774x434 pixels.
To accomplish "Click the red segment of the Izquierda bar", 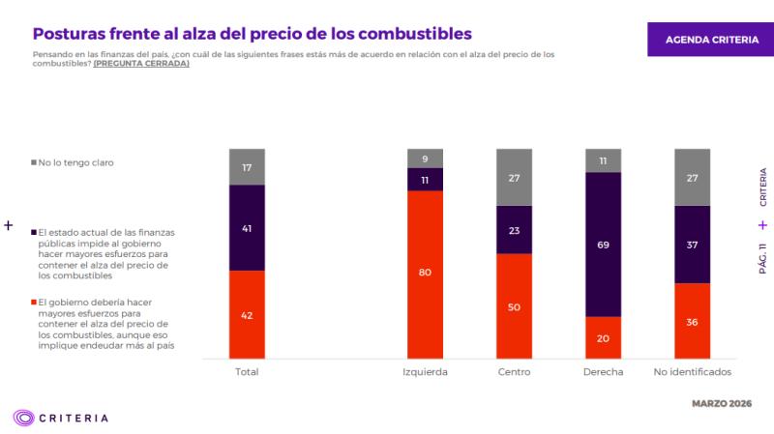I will [425, 275].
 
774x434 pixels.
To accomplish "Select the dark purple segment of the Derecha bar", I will [603, 244].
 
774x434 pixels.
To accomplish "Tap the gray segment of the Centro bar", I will [514, 178].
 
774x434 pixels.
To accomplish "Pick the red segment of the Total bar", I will [247, 314].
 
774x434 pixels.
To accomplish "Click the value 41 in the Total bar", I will [247, 228].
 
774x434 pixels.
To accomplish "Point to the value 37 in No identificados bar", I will [692, 245].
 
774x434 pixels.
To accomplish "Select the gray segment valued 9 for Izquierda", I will [425, 158].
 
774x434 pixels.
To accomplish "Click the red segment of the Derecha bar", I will [603, 337].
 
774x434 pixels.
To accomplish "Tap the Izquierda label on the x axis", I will [425, 372].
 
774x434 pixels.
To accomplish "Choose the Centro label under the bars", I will [514, 372].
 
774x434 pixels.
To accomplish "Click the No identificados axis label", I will [692, 372].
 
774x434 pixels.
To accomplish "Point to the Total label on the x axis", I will [247, 372].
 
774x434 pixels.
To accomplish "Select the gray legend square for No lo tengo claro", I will [35, 162].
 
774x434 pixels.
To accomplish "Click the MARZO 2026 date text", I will [722, 402].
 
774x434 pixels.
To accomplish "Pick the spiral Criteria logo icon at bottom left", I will [24, 418].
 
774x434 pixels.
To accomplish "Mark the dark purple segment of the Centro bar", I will [514, 230].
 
